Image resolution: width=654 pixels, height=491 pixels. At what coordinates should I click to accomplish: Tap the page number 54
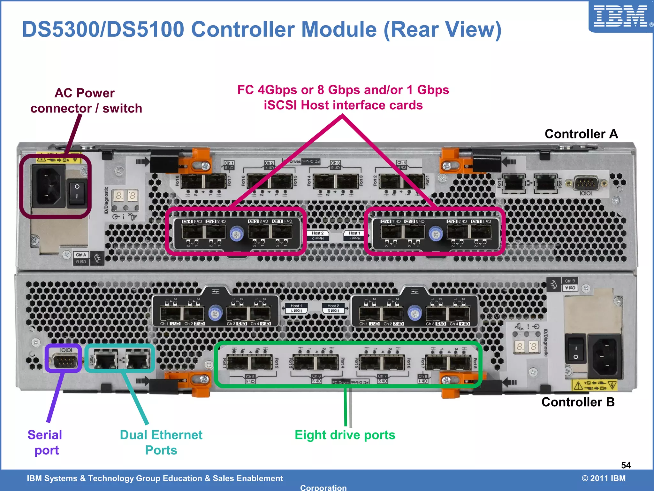pyautogui.click(x=626, y=465)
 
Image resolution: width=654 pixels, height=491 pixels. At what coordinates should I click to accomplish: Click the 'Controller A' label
pyautogui.click(x=581, y=134)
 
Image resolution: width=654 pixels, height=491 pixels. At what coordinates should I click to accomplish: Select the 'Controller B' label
pyautogui.click(x=578, y=402)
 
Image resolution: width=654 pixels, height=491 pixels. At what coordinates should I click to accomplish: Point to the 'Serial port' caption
pyautogui.click(x=45, y=442)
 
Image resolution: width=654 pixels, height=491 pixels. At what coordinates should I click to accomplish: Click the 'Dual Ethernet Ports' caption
pyautogui.click(x=161, y=442)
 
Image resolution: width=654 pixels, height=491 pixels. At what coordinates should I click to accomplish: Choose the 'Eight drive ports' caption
pyautogui.click(x=345, y=435)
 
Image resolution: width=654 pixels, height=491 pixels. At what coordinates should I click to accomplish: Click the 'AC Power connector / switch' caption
pyautogui.click(x=86, y=101)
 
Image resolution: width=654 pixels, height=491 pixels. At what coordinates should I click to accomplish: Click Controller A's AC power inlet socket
pyautogui.click(x=48, y=186)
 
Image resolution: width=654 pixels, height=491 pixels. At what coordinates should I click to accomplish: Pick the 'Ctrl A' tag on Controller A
pyautogui.click(x=81, y=255)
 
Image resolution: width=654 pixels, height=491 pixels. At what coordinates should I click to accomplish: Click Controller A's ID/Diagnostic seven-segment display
pyautogui.click(x=125, y=195)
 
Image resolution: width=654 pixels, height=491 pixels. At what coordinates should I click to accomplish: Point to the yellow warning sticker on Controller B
pyautogui.click(x=594, y=385)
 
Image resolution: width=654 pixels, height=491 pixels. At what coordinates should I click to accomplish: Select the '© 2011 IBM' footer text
pyautogui.click(x=604, y=478)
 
